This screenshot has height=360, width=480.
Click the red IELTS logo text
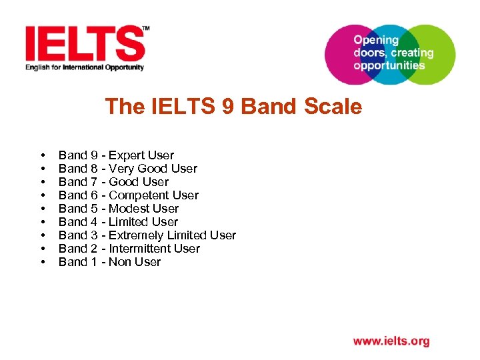84,43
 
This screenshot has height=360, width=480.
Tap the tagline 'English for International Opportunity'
85,67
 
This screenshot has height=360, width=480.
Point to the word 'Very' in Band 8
121,169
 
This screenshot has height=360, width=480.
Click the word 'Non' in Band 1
119,262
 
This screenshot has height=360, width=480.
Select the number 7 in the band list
94,182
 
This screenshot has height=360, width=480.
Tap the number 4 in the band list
94,222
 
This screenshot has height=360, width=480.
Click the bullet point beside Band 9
43,155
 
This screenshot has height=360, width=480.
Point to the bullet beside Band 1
43,262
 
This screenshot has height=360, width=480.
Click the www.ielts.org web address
391,341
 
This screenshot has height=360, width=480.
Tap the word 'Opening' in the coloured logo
375,40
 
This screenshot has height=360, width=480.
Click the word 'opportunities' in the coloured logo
389,65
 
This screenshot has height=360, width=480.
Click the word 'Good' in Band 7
123,182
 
